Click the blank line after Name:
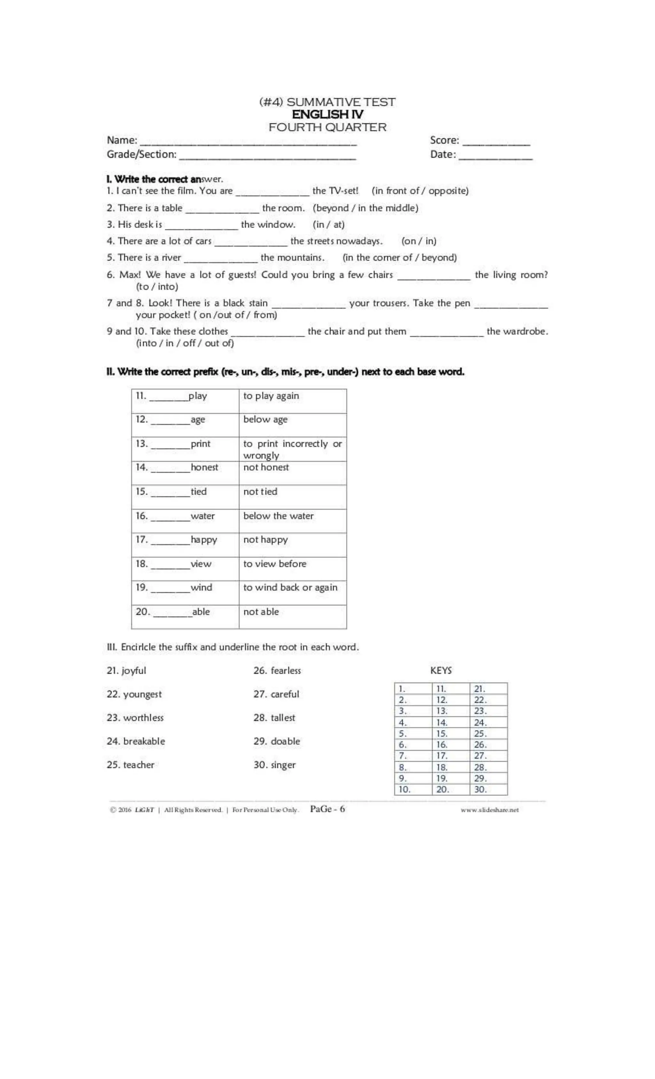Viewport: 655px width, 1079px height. click(248, 142)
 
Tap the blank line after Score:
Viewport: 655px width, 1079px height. click(496, 142)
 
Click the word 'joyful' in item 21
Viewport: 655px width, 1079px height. click(134, 670)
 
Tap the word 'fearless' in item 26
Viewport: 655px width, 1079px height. click(286, 670)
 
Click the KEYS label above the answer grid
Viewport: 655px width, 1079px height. click(440, 670)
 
